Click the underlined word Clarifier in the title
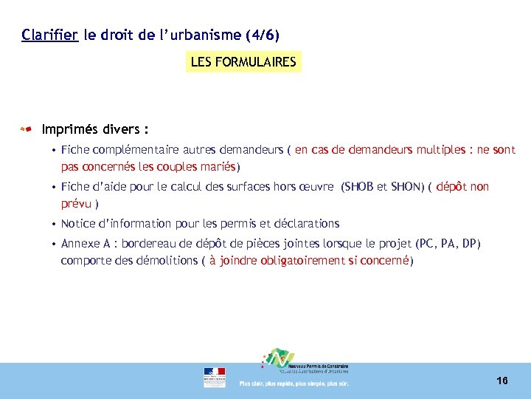click(49, 35)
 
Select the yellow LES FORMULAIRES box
click(243, 62)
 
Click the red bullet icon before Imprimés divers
click(27, 130)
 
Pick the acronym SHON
click(405, 187)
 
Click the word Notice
click(78, 223)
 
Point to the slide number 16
click(502, 381)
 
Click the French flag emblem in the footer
click(215, 377)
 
